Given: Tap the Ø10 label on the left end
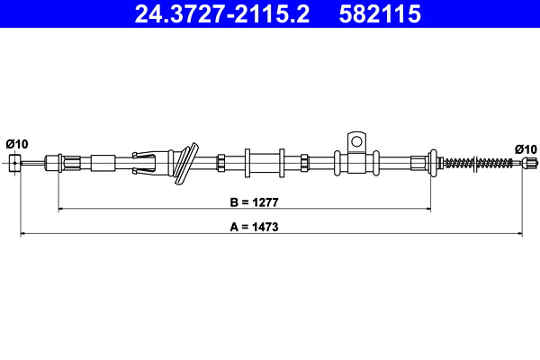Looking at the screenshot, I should pyautogui.click(x=17, y=144).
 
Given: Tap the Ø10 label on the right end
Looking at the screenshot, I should pyautogui.click(x=526, y=148).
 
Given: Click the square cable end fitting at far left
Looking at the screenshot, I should pyautogui.click(x=14, y=163).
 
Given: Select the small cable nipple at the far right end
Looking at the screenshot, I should pyautogui.click(x=530, y=163).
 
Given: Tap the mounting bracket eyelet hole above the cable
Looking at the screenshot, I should pyautogui.click(x=356, y=140).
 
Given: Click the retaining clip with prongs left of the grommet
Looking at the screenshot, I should pyautogui.click(x=148, y=162).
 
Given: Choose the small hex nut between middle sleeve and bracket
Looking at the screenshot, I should pyautogui.click(x=304, y=163).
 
